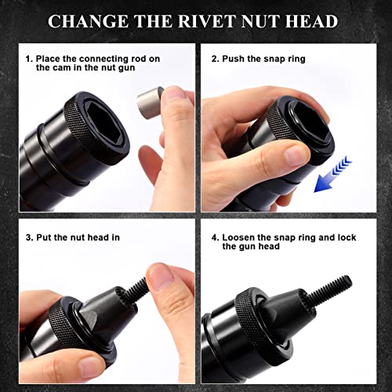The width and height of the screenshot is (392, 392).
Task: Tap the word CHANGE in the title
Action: pos(95,20)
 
